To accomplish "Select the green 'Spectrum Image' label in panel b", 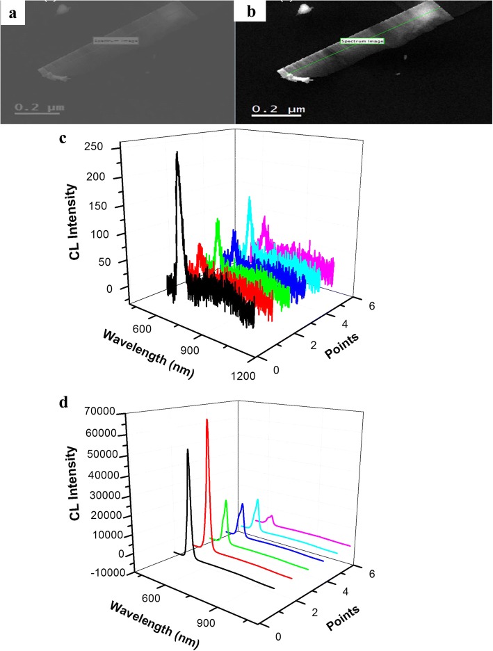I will click(362, 42).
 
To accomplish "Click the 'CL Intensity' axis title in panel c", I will click(72, 219).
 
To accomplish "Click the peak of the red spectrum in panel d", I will click(207, 420).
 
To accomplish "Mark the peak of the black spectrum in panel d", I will click(187, 450).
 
